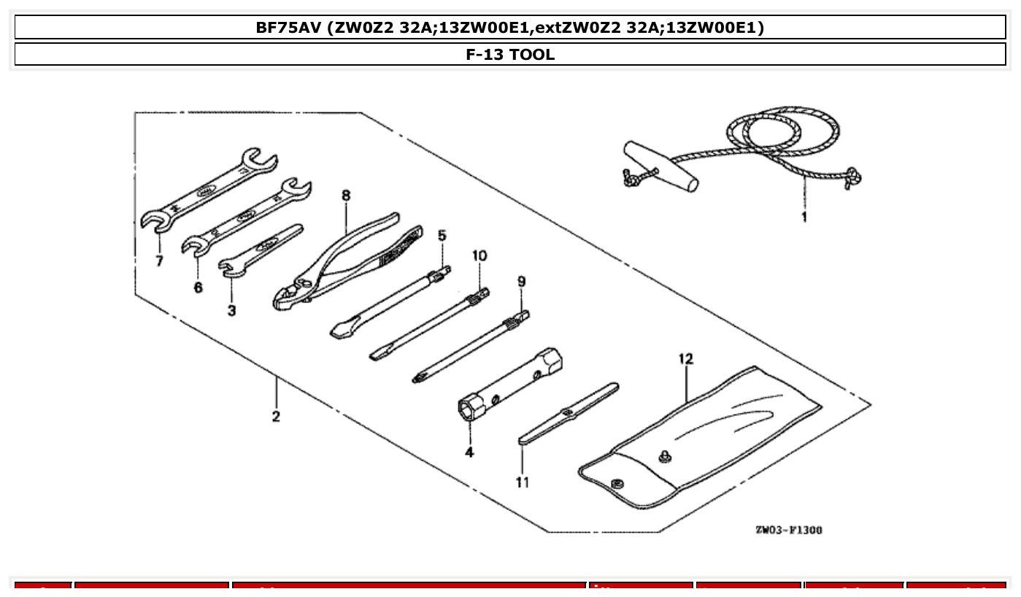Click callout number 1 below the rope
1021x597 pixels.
(x=804, y=217)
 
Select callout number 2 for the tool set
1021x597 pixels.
(x=276, y=417)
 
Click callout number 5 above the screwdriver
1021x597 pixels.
(x=442, y=235)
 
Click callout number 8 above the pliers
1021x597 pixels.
(x=345, y=196)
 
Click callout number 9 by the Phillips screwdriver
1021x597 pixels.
(x=521, y=281)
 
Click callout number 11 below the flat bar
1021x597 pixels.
(x=523, y=482)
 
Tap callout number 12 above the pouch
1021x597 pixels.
(x=685, y=359)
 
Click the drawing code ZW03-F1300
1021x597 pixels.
(x=788, y=530)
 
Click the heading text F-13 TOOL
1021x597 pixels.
(x=510, y=55)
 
